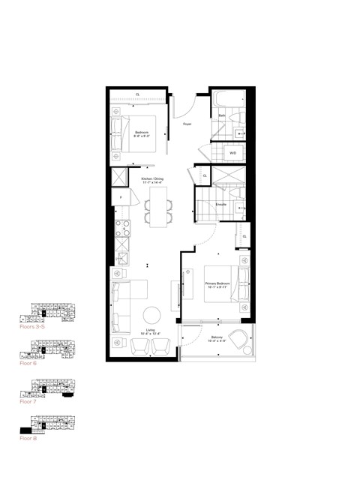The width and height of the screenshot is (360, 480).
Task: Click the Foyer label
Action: pyautogui.click(x=187, y=124)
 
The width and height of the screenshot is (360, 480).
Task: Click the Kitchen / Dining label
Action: pyautogui.click(x=152, y=181)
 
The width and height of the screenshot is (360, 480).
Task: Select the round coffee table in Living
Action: pyautogui.click(x=152, y=314)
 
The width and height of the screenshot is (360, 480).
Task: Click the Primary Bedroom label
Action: pyautogui.click(x=220, y=285)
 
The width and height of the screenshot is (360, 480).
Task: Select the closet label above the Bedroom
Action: pyautogui.click(x=137, y=94)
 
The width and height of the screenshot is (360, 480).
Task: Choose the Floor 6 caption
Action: pyautogui.click(x=28, y=363)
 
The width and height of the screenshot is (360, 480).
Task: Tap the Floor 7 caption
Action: pyautogui.click(x=28, y=401)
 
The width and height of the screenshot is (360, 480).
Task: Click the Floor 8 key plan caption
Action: pyautogui.click(x=28, y=438)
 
